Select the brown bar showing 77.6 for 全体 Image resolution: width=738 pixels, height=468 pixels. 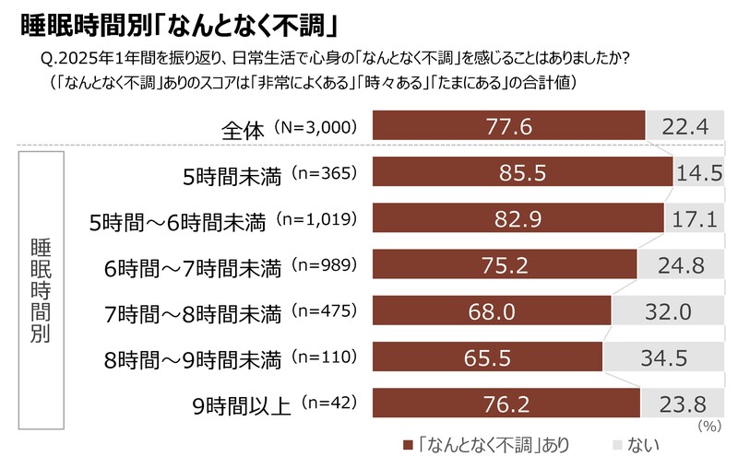pyautogui.click(x=509, y=126)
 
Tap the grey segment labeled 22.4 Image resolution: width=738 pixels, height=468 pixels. pyautogui.click(x=684, y=126)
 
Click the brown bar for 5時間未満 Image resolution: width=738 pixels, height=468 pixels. pyautogui.click(x=523, y=172)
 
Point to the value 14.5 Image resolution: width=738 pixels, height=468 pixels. pyautogui.click(x=697, y=172)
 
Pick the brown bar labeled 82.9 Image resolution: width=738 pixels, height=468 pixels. pyautogui.click(x=518, y=218)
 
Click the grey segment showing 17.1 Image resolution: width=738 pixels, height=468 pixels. pyautogui.click(x=693, y=218)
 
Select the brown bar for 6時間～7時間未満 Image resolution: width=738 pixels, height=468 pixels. pyautogui.click(x=505, y=264)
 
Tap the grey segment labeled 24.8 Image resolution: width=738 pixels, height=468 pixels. pyautogui.click(x=679, y=264)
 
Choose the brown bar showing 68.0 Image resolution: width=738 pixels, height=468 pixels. pyautogui.click(x=492, y=310)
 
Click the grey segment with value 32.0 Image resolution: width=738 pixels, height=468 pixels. pyautogui.click(x=666, y=310)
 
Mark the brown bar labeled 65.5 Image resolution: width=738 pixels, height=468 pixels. pyautogui.click(x=487, y=357)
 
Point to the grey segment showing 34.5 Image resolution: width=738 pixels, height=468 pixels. pyautogui.click(x=661, y=357)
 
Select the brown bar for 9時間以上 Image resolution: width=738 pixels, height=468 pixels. pyautogui.click(x=506, y=403)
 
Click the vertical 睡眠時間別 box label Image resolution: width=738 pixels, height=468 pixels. pyautogui.click(x=42, y=287)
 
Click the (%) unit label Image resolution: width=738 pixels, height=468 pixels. pyautogui.click(x=708, y=426)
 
